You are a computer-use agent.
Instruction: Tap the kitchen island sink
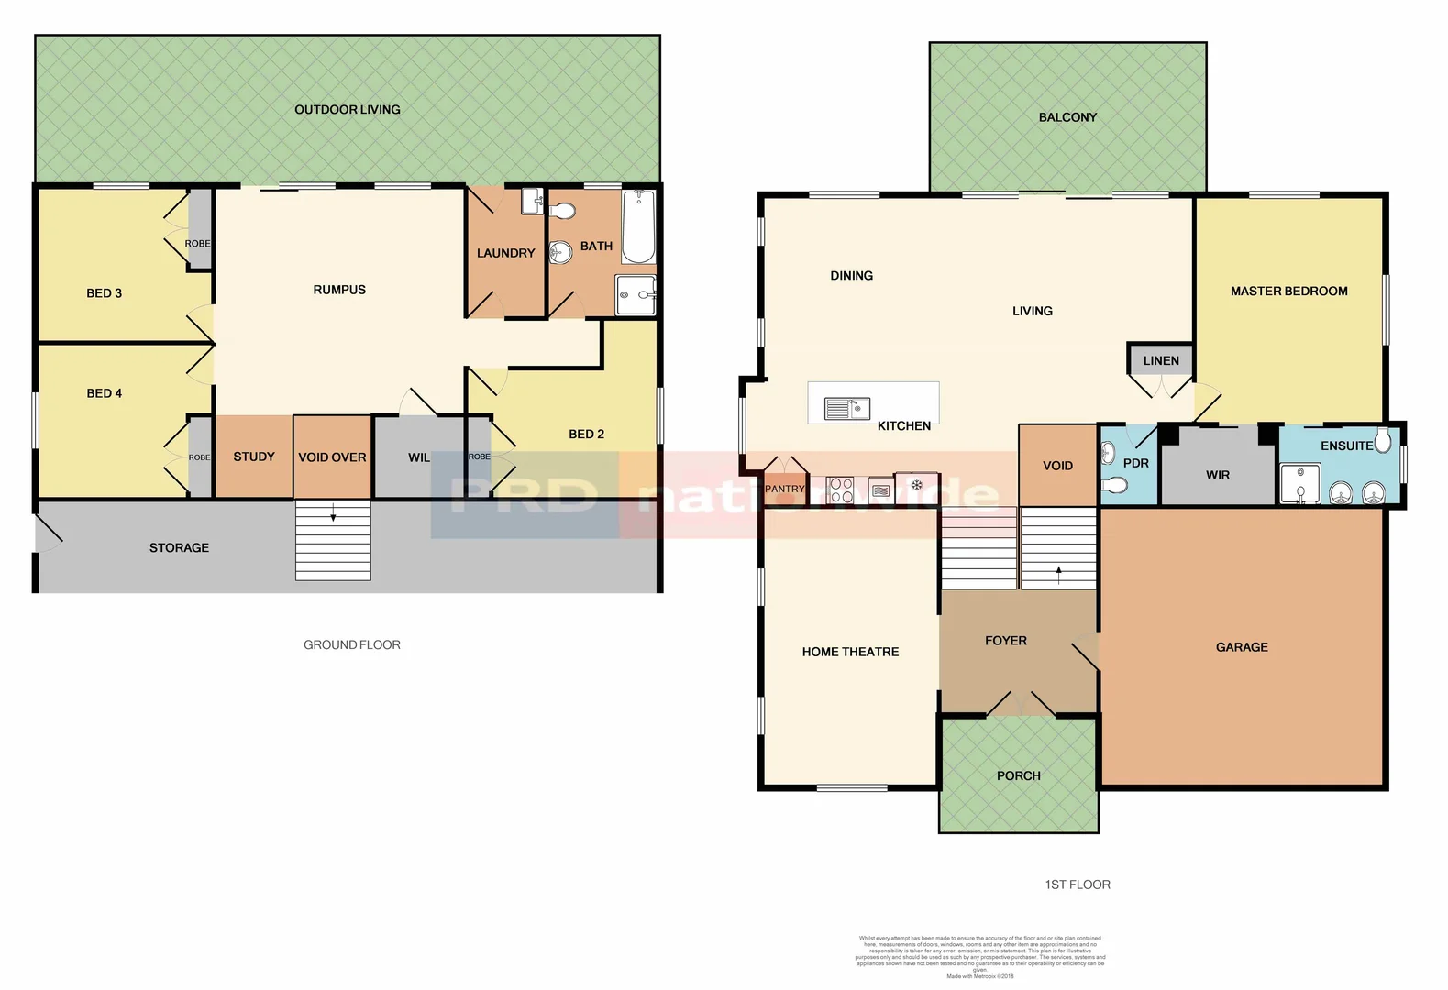846,408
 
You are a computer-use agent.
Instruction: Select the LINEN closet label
1161,360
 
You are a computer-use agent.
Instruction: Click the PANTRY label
785,489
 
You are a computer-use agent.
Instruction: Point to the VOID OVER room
332,456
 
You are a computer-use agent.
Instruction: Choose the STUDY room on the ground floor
254,456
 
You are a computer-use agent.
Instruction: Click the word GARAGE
1242,646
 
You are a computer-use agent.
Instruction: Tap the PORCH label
1018,775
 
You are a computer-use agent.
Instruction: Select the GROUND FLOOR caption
351,644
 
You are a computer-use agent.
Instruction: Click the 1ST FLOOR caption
1077,885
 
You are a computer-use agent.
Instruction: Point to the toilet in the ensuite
1383,441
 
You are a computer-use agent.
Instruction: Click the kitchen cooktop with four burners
840,489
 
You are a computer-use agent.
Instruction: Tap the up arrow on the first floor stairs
1058,575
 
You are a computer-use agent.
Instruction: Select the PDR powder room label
1135,463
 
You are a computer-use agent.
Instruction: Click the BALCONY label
1067,117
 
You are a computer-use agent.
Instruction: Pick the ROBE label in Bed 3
197,244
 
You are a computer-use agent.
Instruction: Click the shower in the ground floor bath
635,295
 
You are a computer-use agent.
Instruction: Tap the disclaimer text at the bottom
979,954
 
